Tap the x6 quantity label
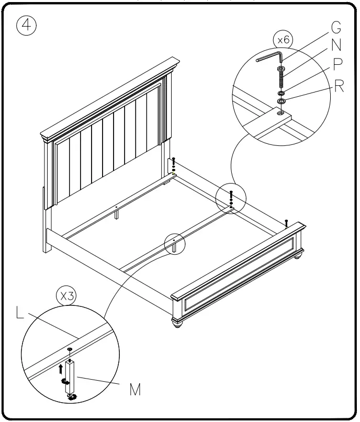[x=283, y=39]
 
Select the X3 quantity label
[x=66, y=295]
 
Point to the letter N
[x=337, y=45]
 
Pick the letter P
[x=337, y=64]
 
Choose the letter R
[x=339, y=86]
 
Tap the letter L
[x=20, y=314]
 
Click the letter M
[x=134, y=390]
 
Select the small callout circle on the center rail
[x=174, y=243]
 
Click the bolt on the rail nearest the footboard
[x=287, y=222]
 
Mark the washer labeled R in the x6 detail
[x=282, y=101]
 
